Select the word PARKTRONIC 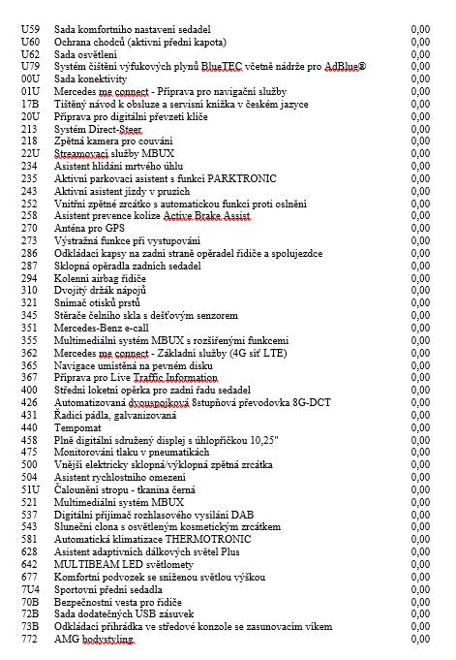coord(244,178)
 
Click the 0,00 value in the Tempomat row coord(420,426)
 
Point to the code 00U coord(30,78)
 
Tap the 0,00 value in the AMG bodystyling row coord(420,641)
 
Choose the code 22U coord(30,152)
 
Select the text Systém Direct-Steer coord(99,128)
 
